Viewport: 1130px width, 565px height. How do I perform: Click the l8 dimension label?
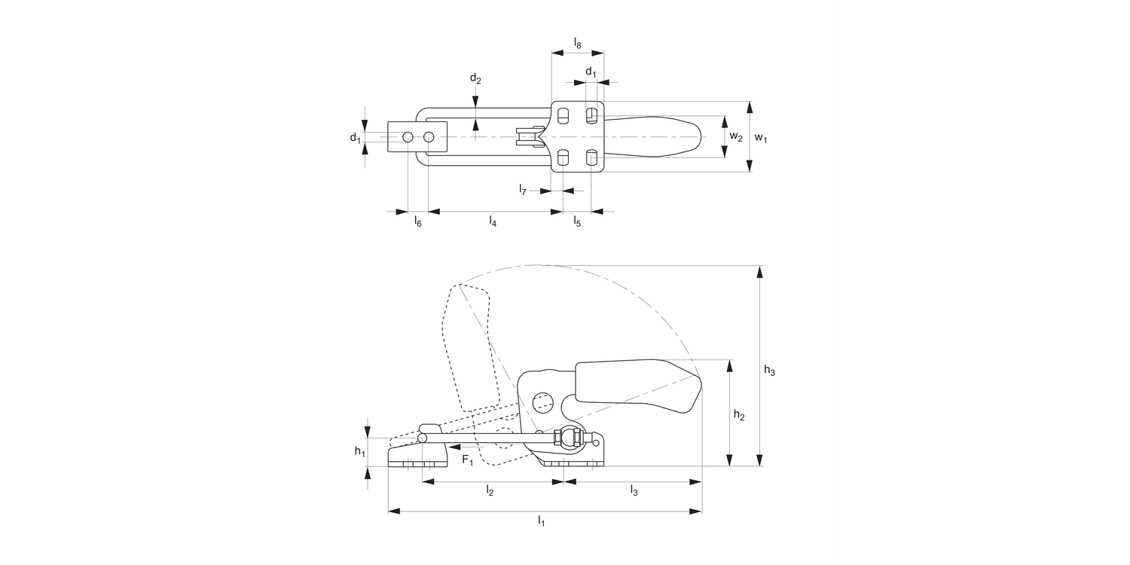(x=577, y=44)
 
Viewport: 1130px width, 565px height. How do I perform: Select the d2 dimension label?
(x=475, y=78)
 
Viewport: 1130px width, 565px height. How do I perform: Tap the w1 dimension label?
(x=762, y=138)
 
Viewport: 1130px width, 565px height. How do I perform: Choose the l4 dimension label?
(x=493, y=221)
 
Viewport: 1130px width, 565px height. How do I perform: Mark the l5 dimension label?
(x=577, y=221)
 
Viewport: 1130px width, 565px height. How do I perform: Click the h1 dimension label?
(x=360, y=451)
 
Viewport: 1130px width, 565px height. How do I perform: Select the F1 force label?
(x=467, y=460)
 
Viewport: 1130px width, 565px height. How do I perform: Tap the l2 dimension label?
(x=490, y=491)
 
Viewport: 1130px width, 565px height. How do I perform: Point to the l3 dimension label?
(x=634, y=491)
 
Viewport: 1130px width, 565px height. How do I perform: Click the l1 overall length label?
(x=541, y=521)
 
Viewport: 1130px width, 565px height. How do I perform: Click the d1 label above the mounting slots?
(x=591, y=72)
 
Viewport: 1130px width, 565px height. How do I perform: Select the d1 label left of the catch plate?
(x=354, y=138)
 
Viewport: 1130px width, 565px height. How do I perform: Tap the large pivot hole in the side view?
(x=542, y=402)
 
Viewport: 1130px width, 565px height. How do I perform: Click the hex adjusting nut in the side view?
(x=567, y=438)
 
